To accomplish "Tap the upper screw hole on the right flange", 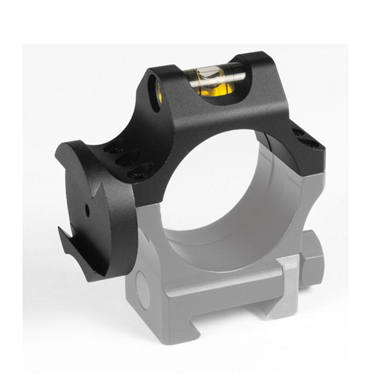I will coord(297,132).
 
